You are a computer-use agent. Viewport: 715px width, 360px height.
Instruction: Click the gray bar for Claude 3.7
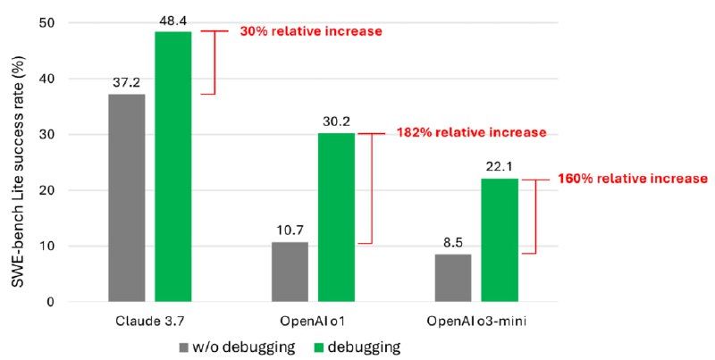pos(127,197)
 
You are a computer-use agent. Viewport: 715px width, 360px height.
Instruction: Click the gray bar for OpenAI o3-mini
pos(452,278)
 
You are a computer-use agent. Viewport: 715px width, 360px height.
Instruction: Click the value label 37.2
pos(127,83)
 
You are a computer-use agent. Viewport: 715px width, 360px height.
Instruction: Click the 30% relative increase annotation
pos(310,31)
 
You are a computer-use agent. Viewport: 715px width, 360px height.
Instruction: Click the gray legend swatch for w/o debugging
pos(184,346)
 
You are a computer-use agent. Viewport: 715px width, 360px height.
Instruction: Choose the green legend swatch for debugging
pos(311,346)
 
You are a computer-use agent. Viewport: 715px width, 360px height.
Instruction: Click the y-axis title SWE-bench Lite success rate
pos(19,162)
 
